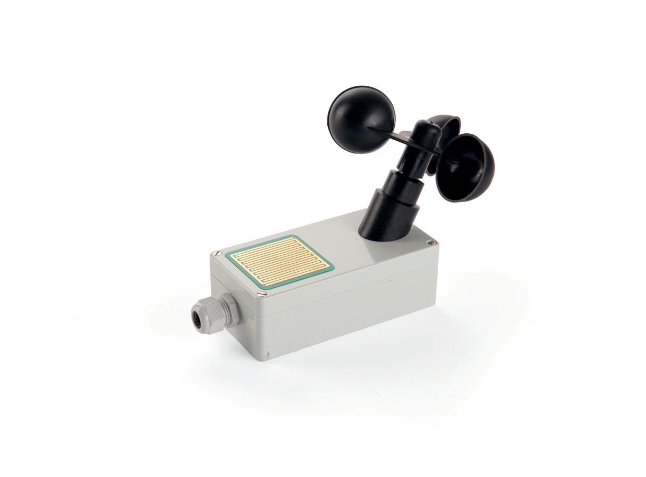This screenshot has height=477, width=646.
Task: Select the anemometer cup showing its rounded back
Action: (361, 119)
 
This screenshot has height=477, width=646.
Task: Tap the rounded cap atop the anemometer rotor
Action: (427, 131)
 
